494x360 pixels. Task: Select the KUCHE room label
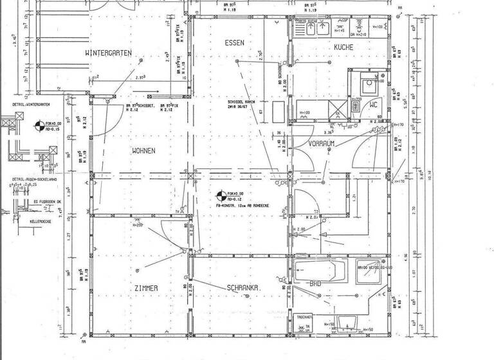[x=347, y=48]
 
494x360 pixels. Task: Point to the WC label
[x=372, y=104]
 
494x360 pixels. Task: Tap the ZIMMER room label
[x=146, y=289]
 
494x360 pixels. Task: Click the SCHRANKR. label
[x=242, y=289]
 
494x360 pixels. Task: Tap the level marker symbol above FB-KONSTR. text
[x=221, y=194]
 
